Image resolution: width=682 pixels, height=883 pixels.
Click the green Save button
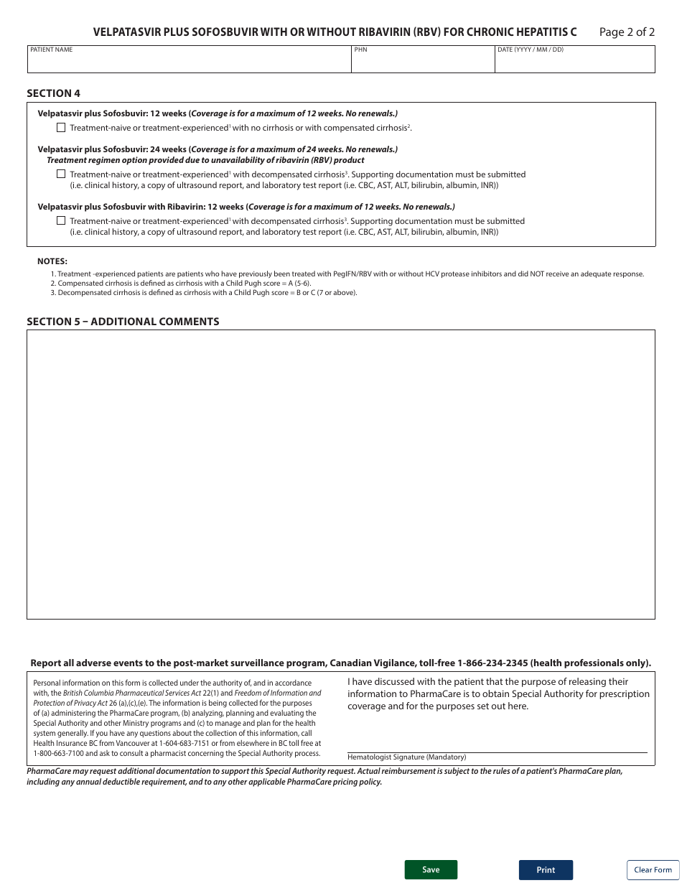coord(431,869)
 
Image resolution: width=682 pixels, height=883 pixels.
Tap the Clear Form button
coord(653,869)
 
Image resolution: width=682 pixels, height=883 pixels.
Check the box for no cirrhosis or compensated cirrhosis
coord(61,128)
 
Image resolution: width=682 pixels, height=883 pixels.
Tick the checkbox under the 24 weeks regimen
coord(61,174)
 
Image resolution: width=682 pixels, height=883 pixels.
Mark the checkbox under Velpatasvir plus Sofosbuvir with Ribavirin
coord(61,220)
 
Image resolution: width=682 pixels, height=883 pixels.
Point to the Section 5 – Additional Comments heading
coord(123,322)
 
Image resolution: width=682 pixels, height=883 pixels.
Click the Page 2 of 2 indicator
coord(627,32)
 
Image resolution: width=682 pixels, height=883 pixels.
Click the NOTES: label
coord(52,261)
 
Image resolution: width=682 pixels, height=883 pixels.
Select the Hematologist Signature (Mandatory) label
coord(406,757)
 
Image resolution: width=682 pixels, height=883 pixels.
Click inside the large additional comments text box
coord(340,474)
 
